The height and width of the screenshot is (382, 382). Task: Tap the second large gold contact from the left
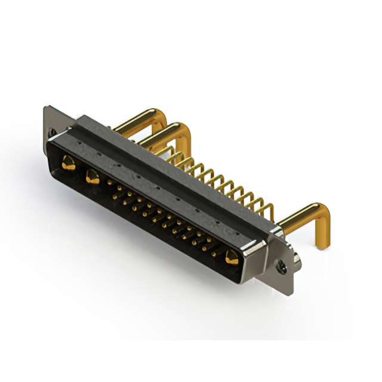coord(92,177)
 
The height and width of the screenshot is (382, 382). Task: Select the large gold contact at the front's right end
coord(231,258)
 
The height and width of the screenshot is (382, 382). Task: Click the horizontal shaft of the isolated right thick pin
coord(298,218)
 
